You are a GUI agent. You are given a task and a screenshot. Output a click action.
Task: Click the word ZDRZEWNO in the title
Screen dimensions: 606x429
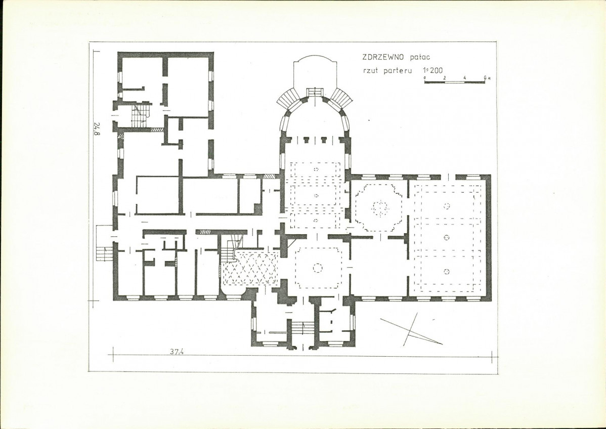(382, 57)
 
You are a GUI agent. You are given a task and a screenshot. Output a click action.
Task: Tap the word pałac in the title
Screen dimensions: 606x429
(419, 57)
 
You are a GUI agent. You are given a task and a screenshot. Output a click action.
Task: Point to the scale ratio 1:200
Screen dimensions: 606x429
(432, 70)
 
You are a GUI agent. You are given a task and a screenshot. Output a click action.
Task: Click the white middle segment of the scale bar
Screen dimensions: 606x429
(454, 82)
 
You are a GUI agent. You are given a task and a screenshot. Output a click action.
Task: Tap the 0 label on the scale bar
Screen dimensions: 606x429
(425, 78)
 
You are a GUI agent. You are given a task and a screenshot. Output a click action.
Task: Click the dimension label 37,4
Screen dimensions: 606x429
(176, 352)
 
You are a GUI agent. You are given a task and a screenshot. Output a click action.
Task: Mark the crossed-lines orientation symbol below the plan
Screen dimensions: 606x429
(411, 329)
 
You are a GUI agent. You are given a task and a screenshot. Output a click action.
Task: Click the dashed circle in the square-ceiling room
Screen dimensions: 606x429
(317, 268)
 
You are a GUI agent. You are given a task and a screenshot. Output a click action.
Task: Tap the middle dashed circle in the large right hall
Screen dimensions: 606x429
(447, 237)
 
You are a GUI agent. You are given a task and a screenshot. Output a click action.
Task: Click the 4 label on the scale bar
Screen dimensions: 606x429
(464, 78)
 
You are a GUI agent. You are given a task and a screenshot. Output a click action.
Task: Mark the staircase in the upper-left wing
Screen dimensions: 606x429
(141, 114)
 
